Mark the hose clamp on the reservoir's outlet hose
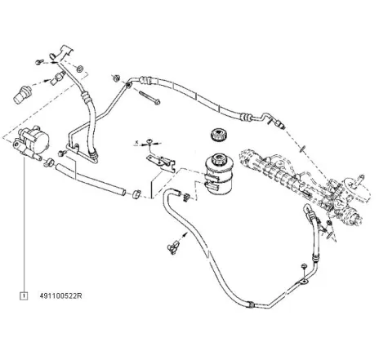pos(187,196)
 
